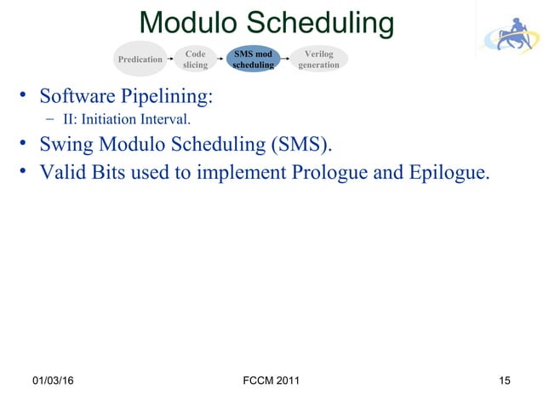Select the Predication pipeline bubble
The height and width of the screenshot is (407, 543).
pyautogui.click(x=140, y=59)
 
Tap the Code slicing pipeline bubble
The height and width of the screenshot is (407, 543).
pyautogui.click(x=195, y=59)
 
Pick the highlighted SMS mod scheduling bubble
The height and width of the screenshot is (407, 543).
pyautogui.click(x=254, y=59)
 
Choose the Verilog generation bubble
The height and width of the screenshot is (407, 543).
pyautogui.click(x=318, y=59)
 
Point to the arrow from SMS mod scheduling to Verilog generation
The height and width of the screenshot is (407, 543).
pyautogui.click(x=287, y=60)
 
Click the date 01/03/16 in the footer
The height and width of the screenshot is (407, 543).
pyautogui.click(x=53, y=380)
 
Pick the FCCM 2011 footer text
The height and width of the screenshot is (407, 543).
pyautogui.click(x=271, y=380)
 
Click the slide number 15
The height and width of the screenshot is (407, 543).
pyautogui.click(x=506, y=380)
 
